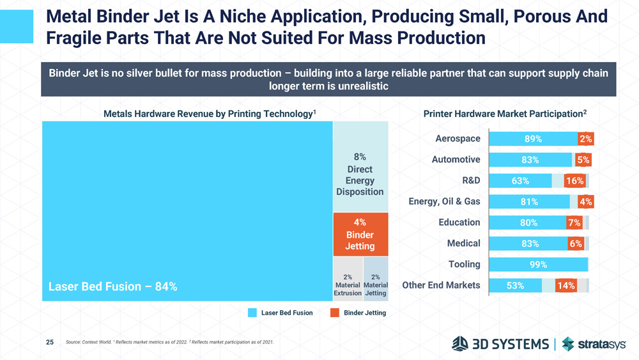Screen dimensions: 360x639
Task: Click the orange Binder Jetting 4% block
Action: pyautogui.click(x=360, y=234)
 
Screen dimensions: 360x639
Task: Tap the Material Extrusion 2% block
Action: pyautogui.click(x=348, y=279)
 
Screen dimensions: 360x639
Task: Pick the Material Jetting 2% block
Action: pyautogui.click(x=376, y=279)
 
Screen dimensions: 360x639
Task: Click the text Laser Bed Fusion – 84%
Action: pyautogui.click(x=113, y=286)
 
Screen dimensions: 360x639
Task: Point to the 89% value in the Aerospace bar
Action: pyautogui.click(x=533, y=139)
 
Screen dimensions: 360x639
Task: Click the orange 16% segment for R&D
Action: pyautogui.click(x=574, y=181)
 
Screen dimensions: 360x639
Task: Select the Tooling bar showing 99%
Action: pyautogui.click(x=538, y=265)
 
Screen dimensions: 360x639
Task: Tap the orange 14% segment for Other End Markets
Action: pyautogui.click(x=566, y=286)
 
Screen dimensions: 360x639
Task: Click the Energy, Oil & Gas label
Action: pyautogui.click(x=444, y=202)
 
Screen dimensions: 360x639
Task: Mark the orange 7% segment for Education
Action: pyautogui.click(x=574, y=223)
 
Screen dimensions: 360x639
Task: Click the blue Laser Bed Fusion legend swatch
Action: pyautogui.click(x=252, y=313)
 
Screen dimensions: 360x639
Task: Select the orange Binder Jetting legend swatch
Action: pyautogui.click(x=334, y=313)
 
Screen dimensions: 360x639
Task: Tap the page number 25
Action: pyautogui.click(x=50, y=343)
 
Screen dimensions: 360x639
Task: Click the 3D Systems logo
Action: pyautogui.click(x=500, y=344)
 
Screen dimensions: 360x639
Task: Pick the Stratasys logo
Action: pyautogui.click(x=594, y=344)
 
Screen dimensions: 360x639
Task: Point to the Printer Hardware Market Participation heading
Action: pyautogui.click(x=505, y=114)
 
